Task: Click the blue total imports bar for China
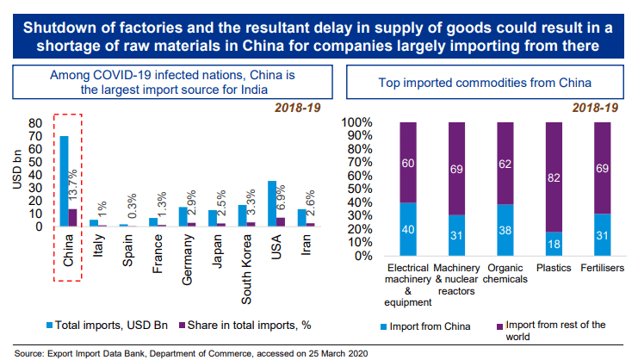(64, 181)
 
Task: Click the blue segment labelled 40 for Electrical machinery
(409, 229)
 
